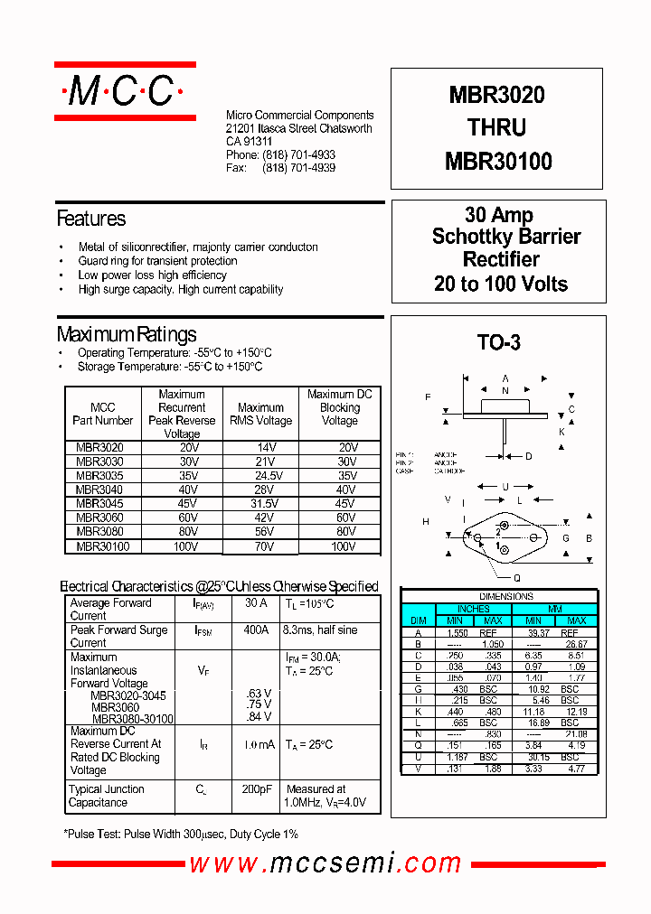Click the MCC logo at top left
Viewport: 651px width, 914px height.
point(125,90)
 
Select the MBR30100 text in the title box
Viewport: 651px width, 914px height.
point(498,162)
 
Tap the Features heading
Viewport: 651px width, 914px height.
point(91,219)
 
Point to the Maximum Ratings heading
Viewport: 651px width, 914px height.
point(127,334)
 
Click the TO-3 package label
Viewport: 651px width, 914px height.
point(498,342)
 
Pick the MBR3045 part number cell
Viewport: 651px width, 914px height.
point(100,504)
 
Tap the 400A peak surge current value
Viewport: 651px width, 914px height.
point(256,630)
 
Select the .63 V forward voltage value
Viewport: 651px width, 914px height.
point(259,694)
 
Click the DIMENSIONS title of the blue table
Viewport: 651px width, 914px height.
point(506,597)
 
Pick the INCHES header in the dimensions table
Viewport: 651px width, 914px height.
point(474,609)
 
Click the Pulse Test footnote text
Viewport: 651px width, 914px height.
point(181,835)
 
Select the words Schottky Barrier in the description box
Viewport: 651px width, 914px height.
point(506,238)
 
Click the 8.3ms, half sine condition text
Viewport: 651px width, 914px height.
point(320,630)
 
